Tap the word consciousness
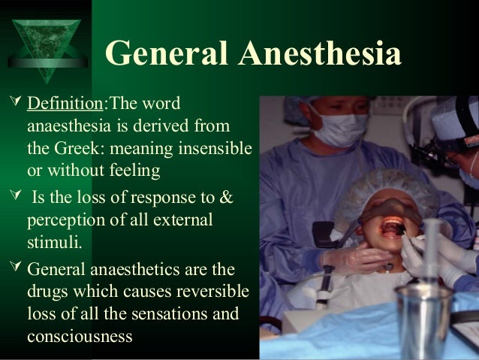tap(80, 336)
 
